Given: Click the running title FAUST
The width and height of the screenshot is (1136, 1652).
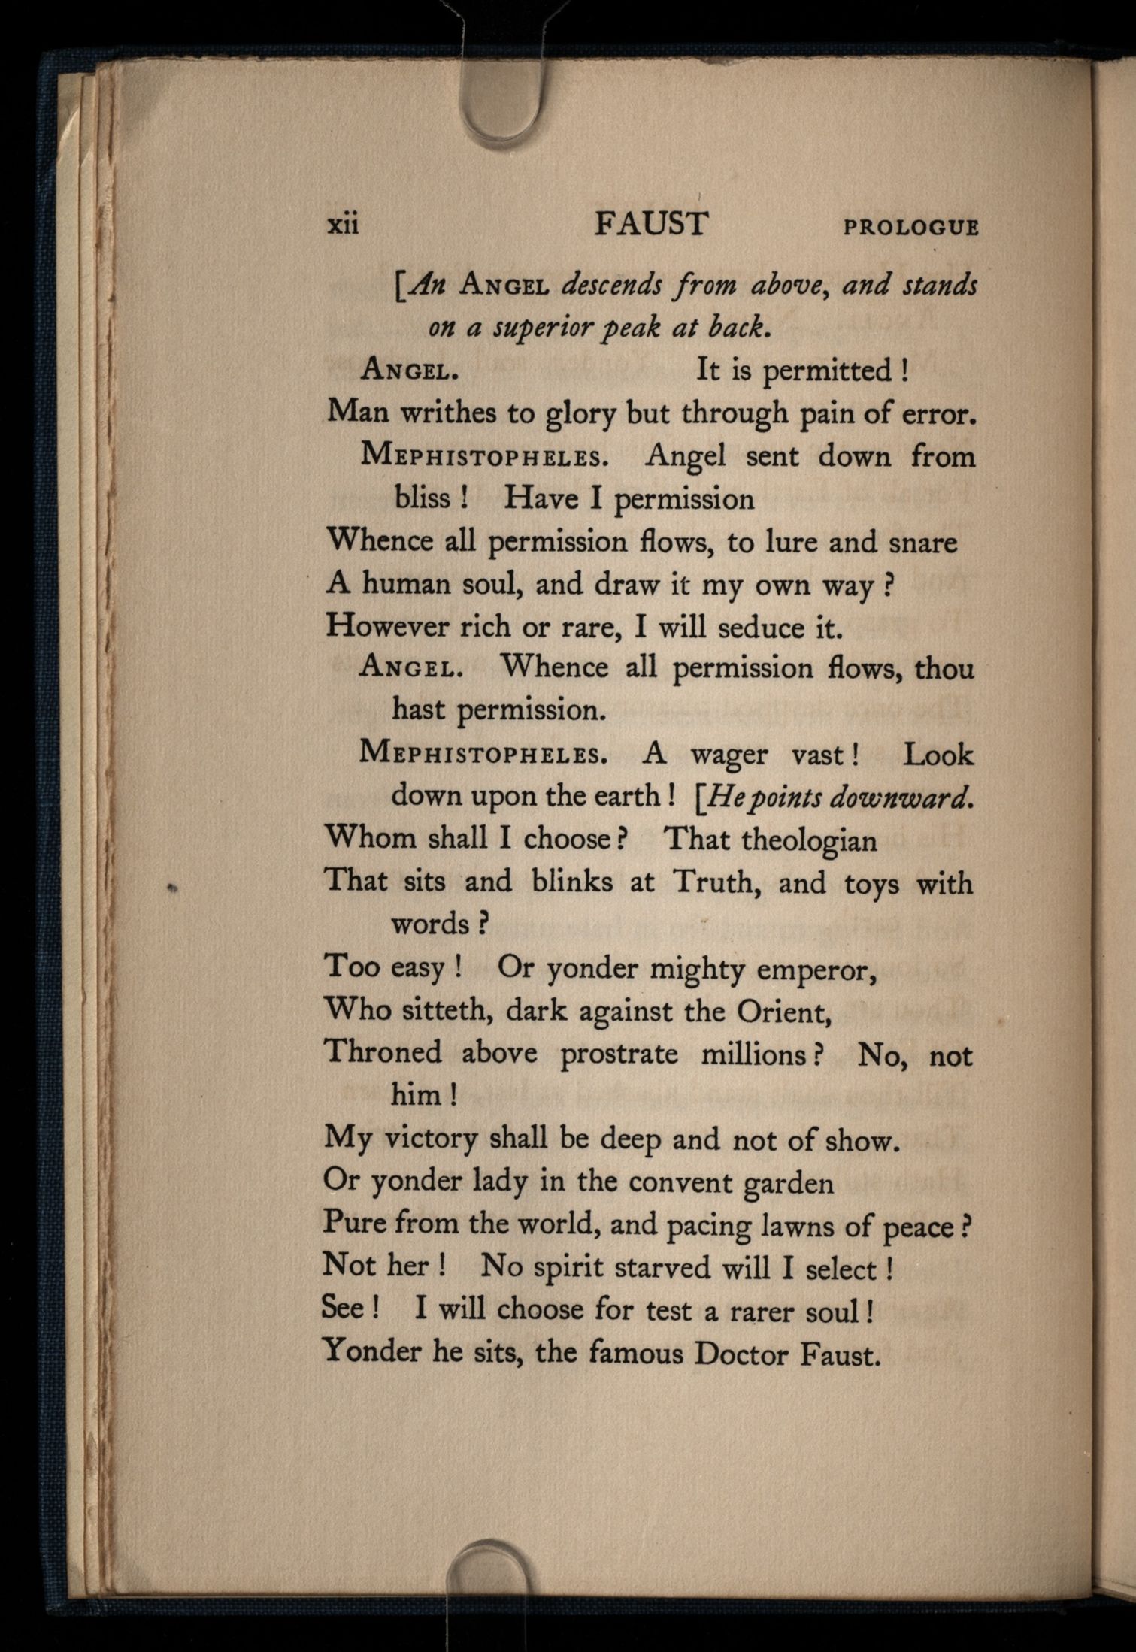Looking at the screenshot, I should click(651, 224).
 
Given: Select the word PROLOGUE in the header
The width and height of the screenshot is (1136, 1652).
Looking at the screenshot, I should click(911, 227).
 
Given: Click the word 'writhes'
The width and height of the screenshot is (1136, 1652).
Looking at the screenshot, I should click(455, 413).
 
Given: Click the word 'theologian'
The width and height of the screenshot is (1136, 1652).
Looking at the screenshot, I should click(808, 840).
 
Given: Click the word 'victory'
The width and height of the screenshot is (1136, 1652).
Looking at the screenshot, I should click(430, 1141).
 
